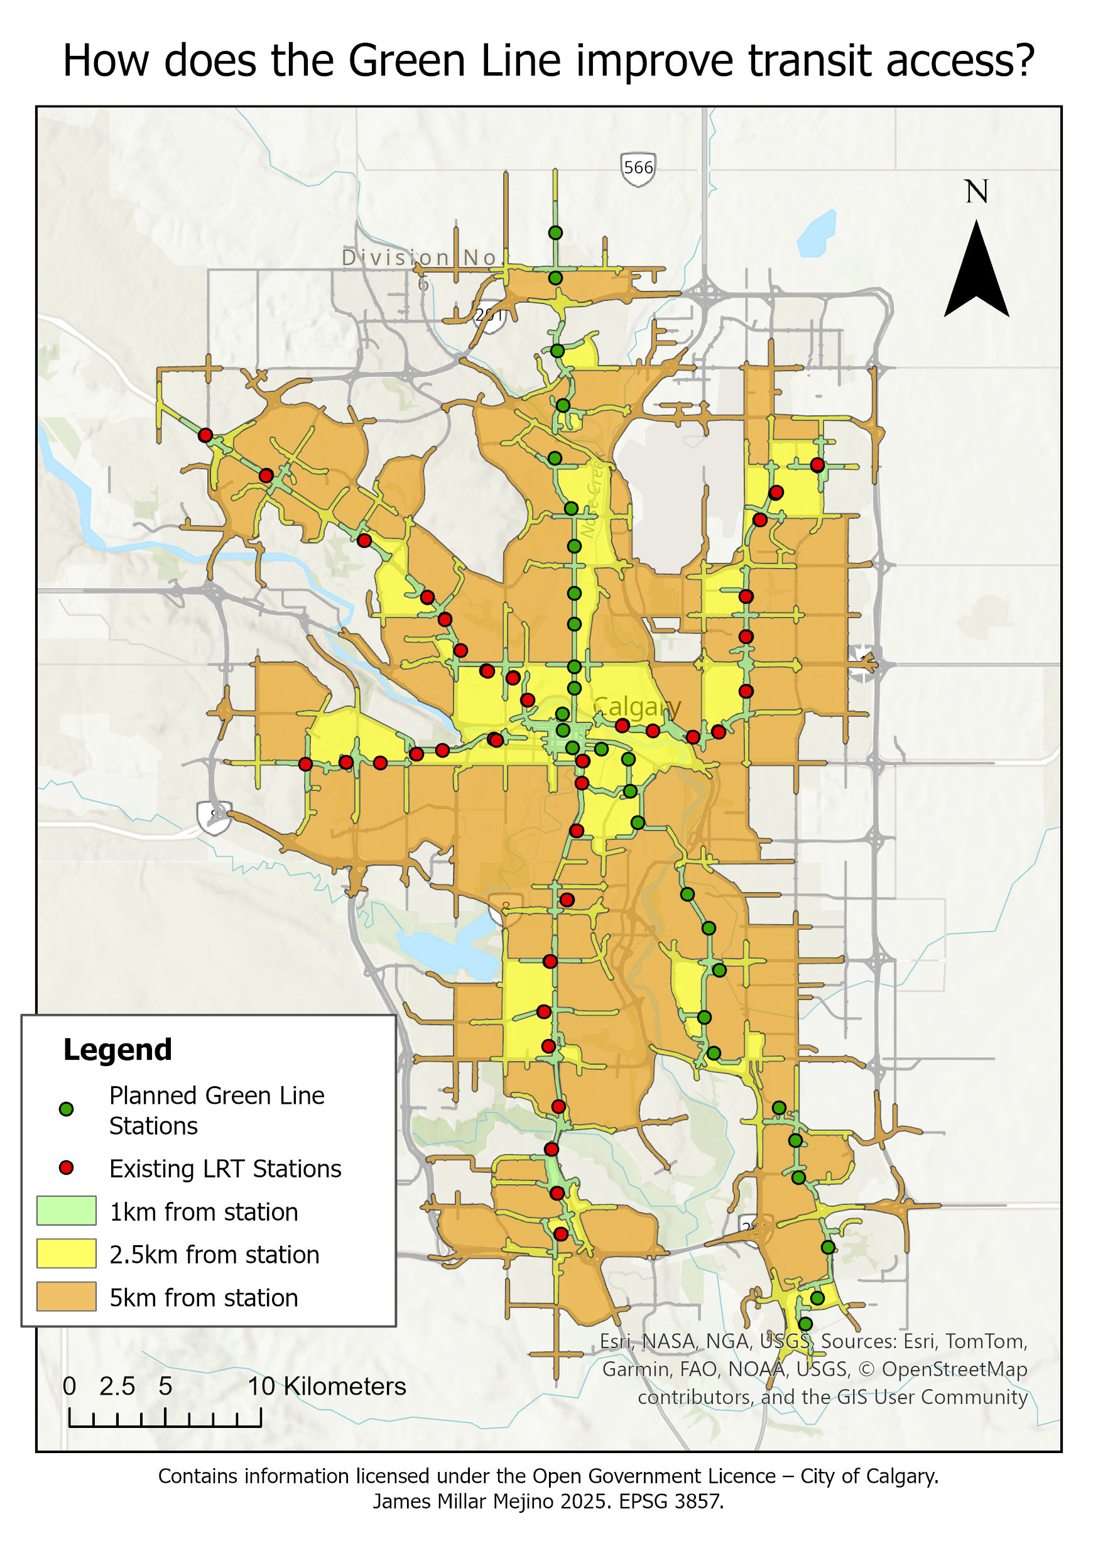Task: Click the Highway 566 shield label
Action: point(638,168)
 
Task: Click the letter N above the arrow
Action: point(977,192)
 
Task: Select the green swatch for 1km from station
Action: point(66,1211)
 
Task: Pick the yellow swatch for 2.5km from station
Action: point(66,1254)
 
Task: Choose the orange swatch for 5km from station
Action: point(66,1297)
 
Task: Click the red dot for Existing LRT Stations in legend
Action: point(66,1168)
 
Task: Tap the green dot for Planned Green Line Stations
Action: point(66,1109)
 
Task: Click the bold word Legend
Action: point(117,1050)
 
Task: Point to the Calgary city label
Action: point(636,707)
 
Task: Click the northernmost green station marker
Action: point(555,232)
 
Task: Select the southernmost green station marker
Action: point(805,1324)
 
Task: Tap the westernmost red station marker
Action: point(205,435)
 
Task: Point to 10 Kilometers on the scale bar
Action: point(326,1386)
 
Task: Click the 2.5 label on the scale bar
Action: point(117,1386)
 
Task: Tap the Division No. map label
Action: point(421,258)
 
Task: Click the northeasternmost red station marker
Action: point(817,465)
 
